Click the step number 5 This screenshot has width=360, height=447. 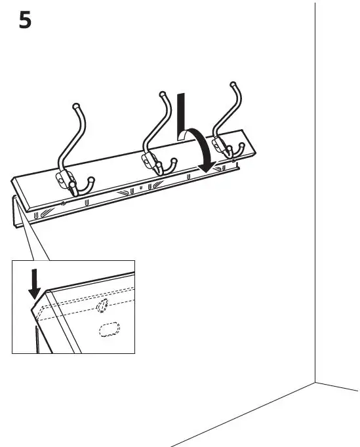[24, 20]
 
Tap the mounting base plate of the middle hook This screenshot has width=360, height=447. [146, 159]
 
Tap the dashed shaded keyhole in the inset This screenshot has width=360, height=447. [102, 307]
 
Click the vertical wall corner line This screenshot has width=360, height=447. [315, 197]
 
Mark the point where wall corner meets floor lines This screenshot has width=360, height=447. [315, 382]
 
